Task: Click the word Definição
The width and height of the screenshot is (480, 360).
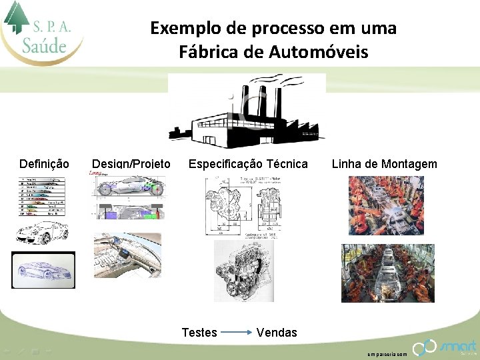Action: [44, 164]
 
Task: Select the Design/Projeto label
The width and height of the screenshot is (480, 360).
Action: [131, 164]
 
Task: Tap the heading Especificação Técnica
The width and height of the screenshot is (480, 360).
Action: [248, 164]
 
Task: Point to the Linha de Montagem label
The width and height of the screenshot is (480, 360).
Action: [385, 164]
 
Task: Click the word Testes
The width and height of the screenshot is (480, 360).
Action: [199, 332]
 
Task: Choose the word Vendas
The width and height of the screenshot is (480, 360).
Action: [277, 332]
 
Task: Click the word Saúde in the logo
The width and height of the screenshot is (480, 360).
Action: [44, 45]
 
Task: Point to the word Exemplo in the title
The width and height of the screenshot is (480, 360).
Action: [179, 28]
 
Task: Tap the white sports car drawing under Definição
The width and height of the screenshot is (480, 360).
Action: [42, 232]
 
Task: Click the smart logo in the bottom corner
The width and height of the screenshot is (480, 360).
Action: [445, 347]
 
